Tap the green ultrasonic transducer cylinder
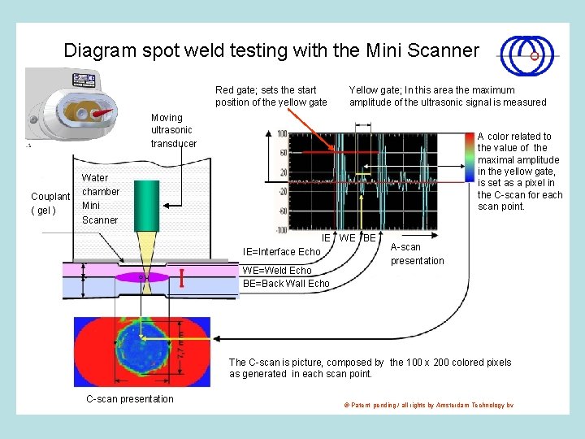[x=147, y=202]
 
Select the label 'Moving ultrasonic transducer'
[x=173, y=131]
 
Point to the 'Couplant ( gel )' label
[x=50, y=204]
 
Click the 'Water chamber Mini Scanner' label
[x=101, y=198]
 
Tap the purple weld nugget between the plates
[x=142, y=277]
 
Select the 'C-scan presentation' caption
[x=130, y=398]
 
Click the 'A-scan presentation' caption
[x=418, y=254]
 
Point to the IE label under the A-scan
[x=327, y=238]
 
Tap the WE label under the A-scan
[x=347, y=238]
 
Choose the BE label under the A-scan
[x=369, y=238]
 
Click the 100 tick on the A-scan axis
[x=282, y=133]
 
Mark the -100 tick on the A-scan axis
[x=281, y=230]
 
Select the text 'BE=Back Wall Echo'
[x=286, y=284]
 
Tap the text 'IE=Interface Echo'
[x=282, y=252]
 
